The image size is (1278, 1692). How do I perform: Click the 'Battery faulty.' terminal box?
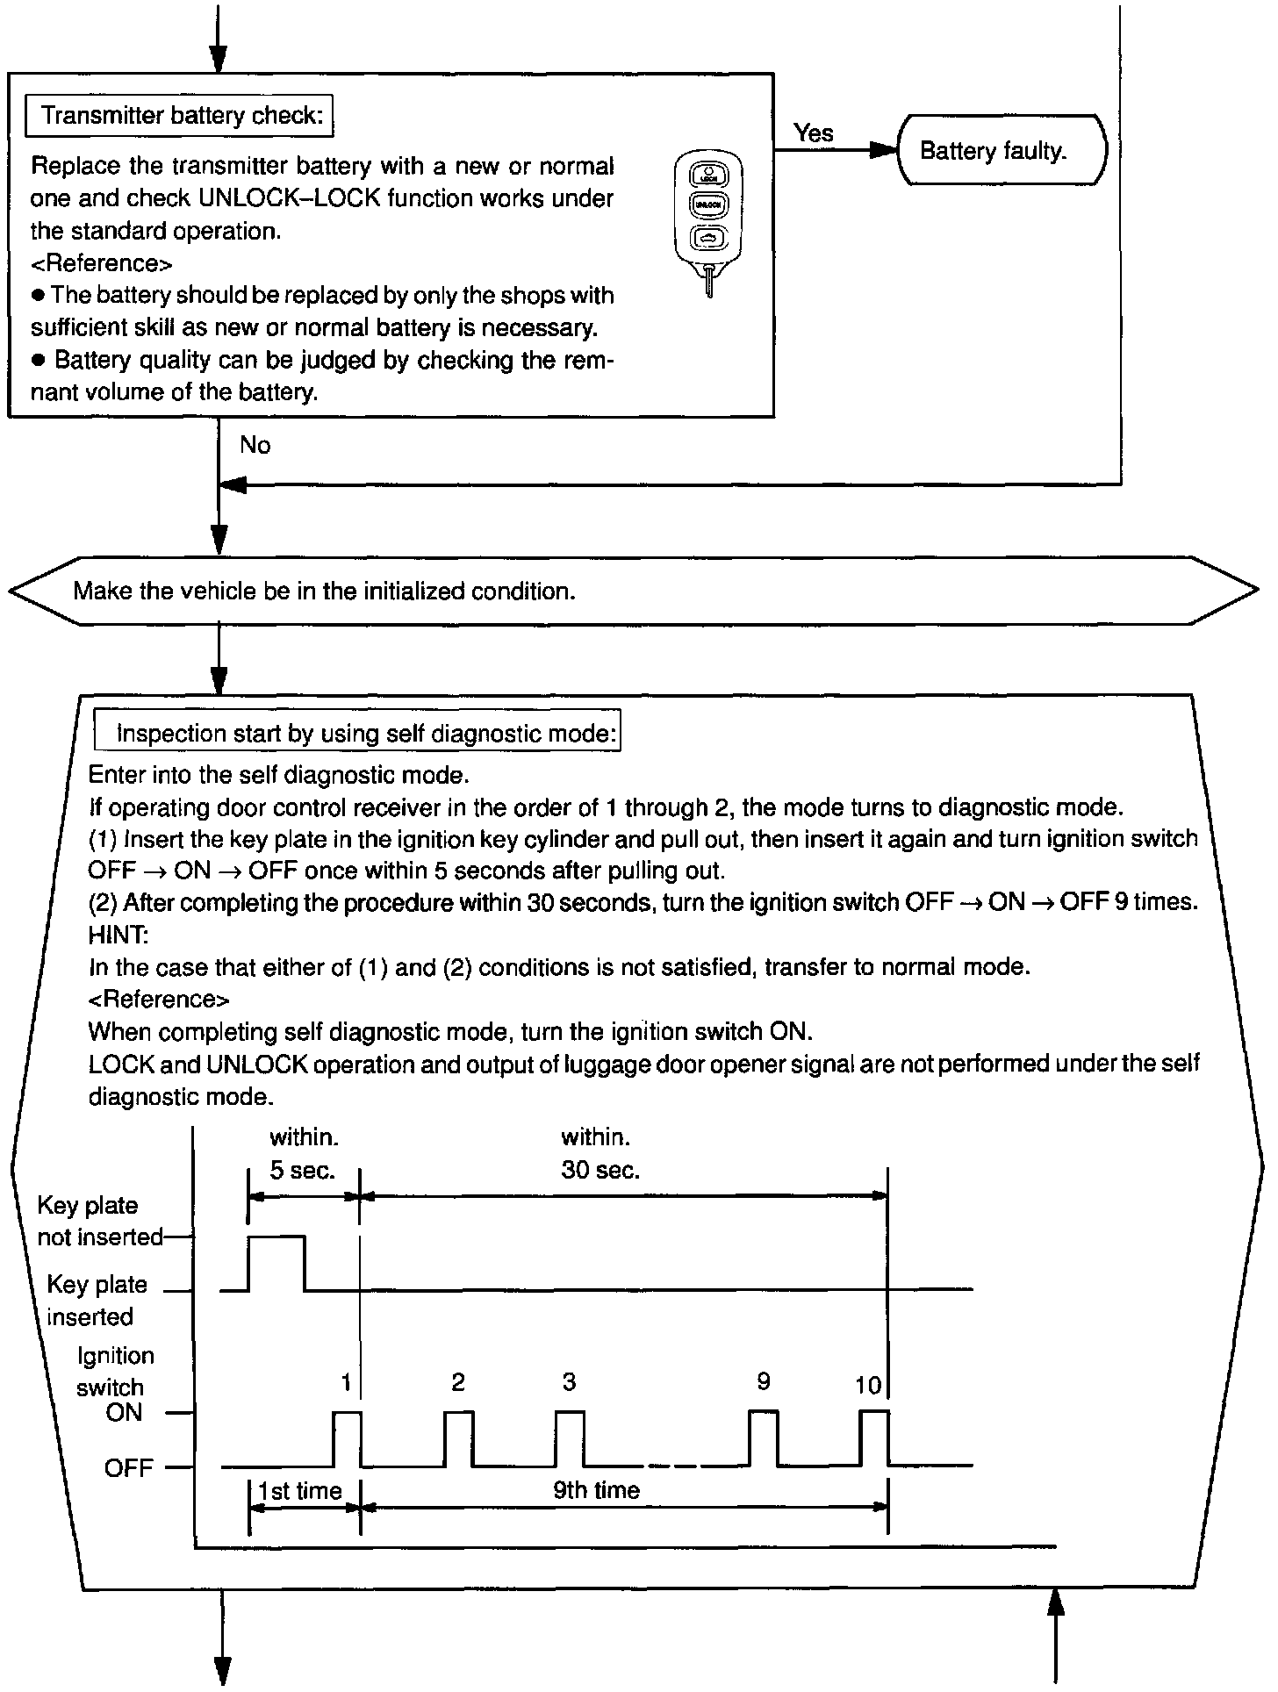tap(1002, 150)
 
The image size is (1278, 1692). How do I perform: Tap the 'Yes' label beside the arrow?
tap(813, 133)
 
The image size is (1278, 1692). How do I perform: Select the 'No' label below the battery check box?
tap(255, 445)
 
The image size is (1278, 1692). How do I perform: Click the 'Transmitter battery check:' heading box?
tap(180, 116)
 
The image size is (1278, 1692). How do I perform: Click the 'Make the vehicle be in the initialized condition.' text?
tap(324, 591)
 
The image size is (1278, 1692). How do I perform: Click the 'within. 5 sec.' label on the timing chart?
tap(303, 1154)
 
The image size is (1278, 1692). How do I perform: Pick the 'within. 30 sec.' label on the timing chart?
tap(599, 1154)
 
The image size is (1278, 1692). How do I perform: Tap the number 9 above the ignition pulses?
tap(764, 1381)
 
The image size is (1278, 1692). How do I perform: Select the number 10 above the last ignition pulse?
tap(867, 1385)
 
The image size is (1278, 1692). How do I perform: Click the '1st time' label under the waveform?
tap(300, 1490)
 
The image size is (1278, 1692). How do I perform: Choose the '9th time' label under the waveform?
tap(597, 1489)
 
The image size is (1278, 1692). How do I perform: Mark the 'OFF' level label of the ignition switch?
tap(128, 1467)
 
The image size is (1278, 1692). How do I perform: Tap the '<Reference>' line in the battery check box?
tap(101, 263)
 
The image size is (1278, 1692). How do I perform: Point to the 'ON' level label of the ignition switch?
tap(124, 1412)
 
